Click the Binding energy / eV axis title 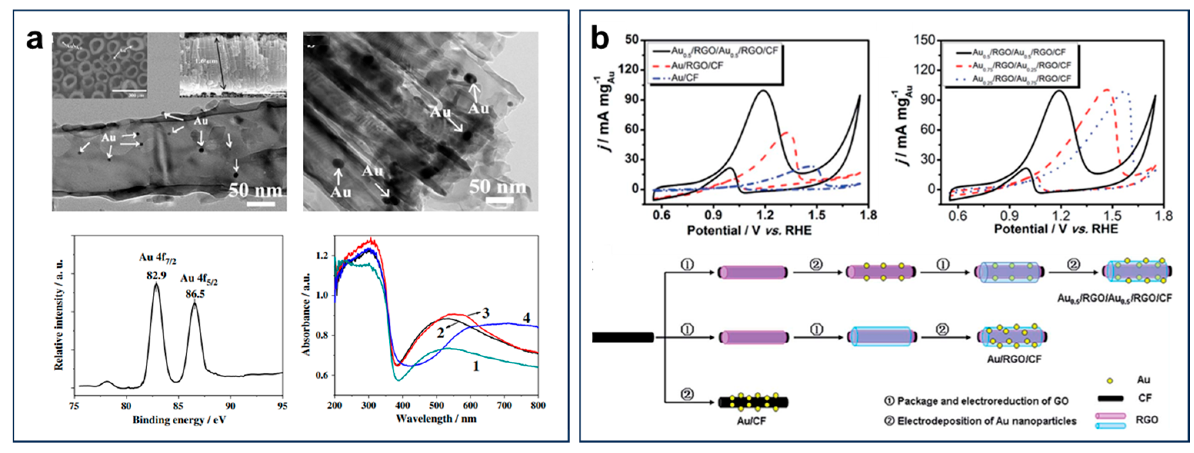(179, 420)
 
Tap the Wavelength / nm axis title (436, 419)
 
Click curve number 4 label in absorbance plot (526, 318)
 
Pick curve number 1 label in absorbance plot (475, 366)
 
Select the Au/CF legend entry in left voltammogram (685, 77)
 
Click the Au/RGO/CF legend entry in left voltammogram (697, 65)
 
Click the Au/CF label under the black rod (752, 421)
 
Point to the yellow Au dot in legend (1106, 381)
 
